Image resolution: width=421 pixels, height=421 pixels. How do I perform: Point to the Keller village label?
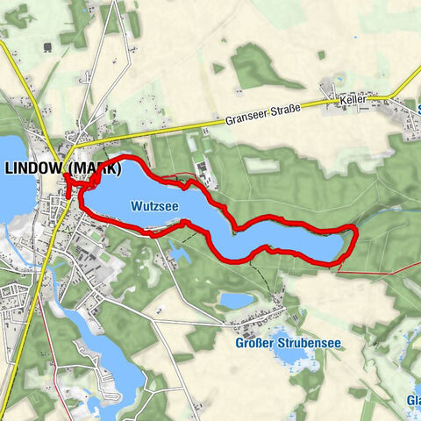click(x=354, y=102)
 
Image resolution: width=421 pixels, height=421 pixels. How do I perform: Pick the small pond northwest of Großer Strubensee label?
click(x=236, y=301)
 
